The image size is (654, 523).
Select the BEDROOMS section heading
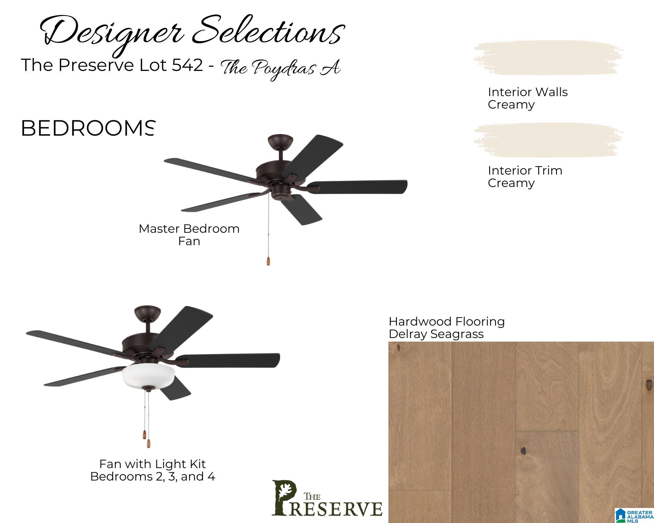(x=87, y=128)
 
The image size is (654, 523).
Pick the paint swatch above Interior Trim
(x=548, y=141)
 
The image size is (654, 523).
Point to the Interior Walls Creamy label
(x=528, y=98)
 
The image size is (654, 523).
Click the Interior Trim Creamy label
(x=525, y=177)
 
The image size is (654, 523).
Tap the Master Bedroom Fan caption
(x=189, y=235)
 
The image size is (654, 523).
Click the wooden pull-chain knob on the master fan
(x=268, y=260)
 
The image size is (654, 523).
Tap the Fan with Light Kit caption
(x=153, y=470)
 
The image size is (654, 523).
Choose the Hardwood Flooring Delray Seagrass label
(x=447, y=328)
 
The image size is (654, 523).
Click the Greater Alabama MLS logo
(x=634, y=515)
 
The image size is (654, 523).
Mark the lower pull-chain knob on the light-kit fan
(x=148, y=443)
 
